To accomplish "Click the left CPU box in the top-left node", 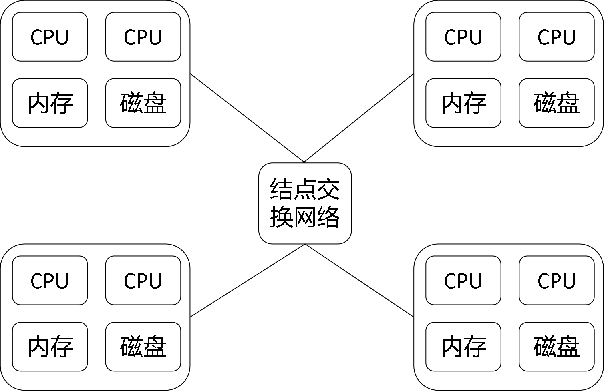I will (x=50, y=37).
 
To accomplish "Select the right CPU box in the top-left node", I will (x=143, y=37).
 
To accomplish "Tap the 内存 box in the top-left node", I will (x=50, y=103).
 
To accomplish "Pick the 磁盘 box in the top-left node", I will (x=143, y=103).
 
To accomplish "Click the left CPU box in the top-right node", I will (x=463, y=37).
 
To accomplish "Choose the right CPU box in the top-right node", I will (x=556, y=37).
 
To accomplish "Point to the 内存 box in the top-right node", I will (x=463, y=103).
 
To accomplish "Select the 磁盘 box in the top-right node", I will (x=556, y=103).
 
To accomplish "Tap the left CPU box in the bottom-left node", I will (x=50, y=280).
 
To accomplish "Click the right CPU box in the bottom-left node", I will (x=143, y=280).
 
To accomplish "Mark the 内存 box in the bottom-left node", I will (x=50, y=347).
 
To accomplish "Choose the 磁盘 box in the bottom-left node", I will (x=143, y=347).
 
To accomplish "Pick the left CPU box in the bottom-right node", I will (x=463, y=280).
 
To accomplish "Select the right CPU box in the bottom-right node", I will (x=556, y=280).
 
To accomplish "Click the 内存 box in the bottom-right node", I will (x=463, y=347).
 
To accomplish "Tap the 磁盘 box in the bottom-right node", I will (x=556, y=347).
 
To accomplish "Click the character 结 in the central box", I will (x=281, y=189).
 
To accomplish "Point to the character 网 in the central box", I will (x=305, y=217).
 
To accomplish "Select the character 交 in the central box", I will (x=328, y=189).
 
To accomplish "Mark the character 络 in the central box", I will (x=328, y=217).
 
